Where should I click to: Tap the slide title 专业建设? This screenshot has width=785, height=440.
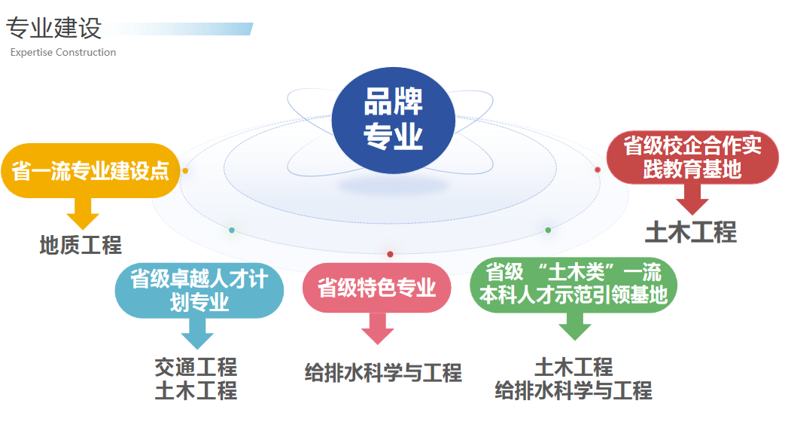(x=53, y=29)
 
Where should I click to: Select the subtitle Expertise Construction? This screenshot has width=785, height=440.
(x=63, y=53)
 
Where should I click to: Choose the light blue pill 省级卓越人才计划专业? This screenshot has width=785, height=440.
(x=199, y=291)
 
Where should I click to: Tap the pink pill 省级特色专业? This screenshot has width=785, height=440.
(x=376, y=287)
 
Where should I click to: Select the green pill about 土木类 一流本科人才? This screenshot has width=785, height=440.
(x=574, y=284)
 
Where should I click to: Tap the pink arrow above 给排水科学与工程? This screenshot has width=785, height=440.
(x=378, y=328)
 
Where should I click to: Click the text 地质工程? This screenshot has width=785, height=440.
(x=81, y=245)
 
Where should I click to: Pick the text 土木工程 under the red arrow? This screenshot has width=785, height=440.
(x=691, y=233)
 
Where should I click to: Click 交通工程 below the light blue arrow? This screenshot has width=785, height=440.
(x=196, y=367)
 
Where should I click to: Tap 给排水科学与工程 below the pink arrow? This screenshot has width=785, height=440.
(x=383, y=372)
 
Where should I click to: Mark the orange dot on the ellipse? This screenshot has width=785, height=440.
(x=185, y=171)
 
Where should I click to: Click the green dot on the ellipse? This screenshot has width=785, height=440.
(x=548, y=230)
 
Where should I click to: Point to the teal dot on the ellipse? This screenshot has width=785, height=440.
(x=232, y=230)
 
